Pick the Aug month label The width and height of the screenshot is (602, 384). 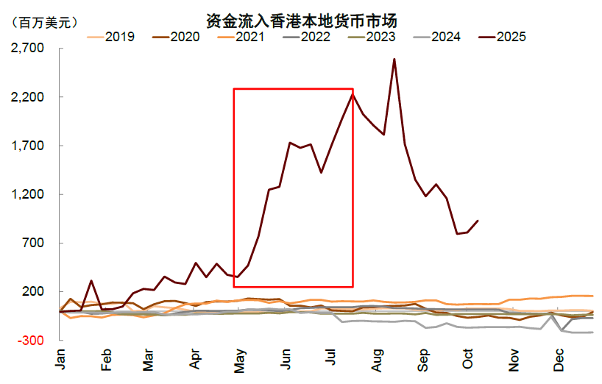pyautogui.click(x=378, y=359)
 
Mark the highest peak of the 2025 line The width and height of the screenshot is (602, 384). pyautogui.click(x=394, y=60)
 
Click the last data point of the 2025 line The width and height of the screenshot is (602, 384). pyautogui.click(x=478, y=221)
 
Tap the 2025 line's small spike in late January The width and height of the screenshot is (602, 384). pyautogui.click(x=91, y=280)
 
